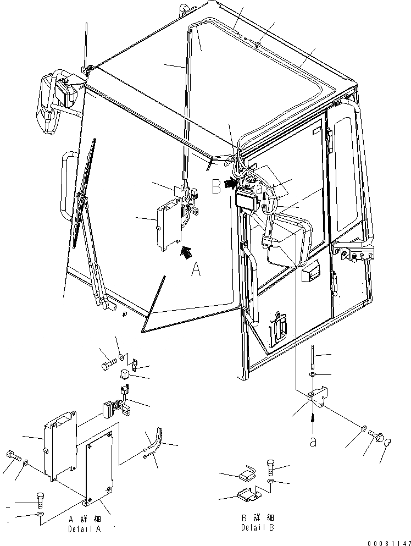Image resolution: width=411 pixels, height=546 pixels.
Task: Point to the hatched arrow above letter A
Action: (187, 251)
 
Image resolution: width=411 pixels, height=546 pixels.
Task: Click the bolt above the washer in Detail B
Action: (271, 467)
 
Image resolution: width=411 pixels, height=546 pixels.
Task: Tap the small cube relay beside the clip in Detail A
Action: (125, 375)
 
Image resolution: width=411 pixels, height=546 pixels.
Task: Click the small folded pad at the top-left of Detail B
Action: (248, 472)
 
